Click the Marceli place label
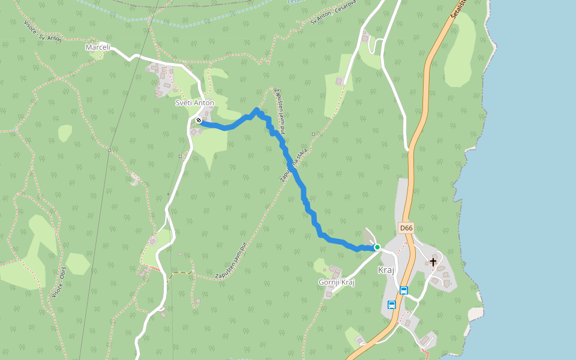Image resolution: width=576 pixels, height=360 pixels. (98, 47)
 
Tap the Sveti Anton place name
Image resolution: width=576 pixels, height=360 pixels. (194, 103)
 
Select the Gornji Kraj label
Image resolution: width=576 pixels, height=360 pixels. (337, 282)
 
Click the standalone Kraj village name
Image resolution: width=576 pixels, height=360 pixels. (386, 270)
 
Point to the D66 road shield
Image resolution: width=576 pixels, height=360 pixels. (406, 228)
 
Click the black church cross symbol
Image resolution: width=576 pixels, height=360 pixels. (433, 262)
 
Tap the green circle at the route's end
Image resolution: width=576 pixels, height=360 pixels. (377, 247)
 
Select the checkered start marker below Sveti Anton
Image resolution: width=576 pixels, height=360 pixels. (198, 120)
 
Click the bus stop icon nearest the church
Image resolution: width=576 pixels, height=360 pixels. (404, 290)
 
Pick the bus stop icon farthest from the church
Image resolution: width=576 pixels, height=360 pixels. (392, 305)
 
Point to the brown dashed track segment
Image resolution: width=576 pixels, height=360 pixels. (180, 273)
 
